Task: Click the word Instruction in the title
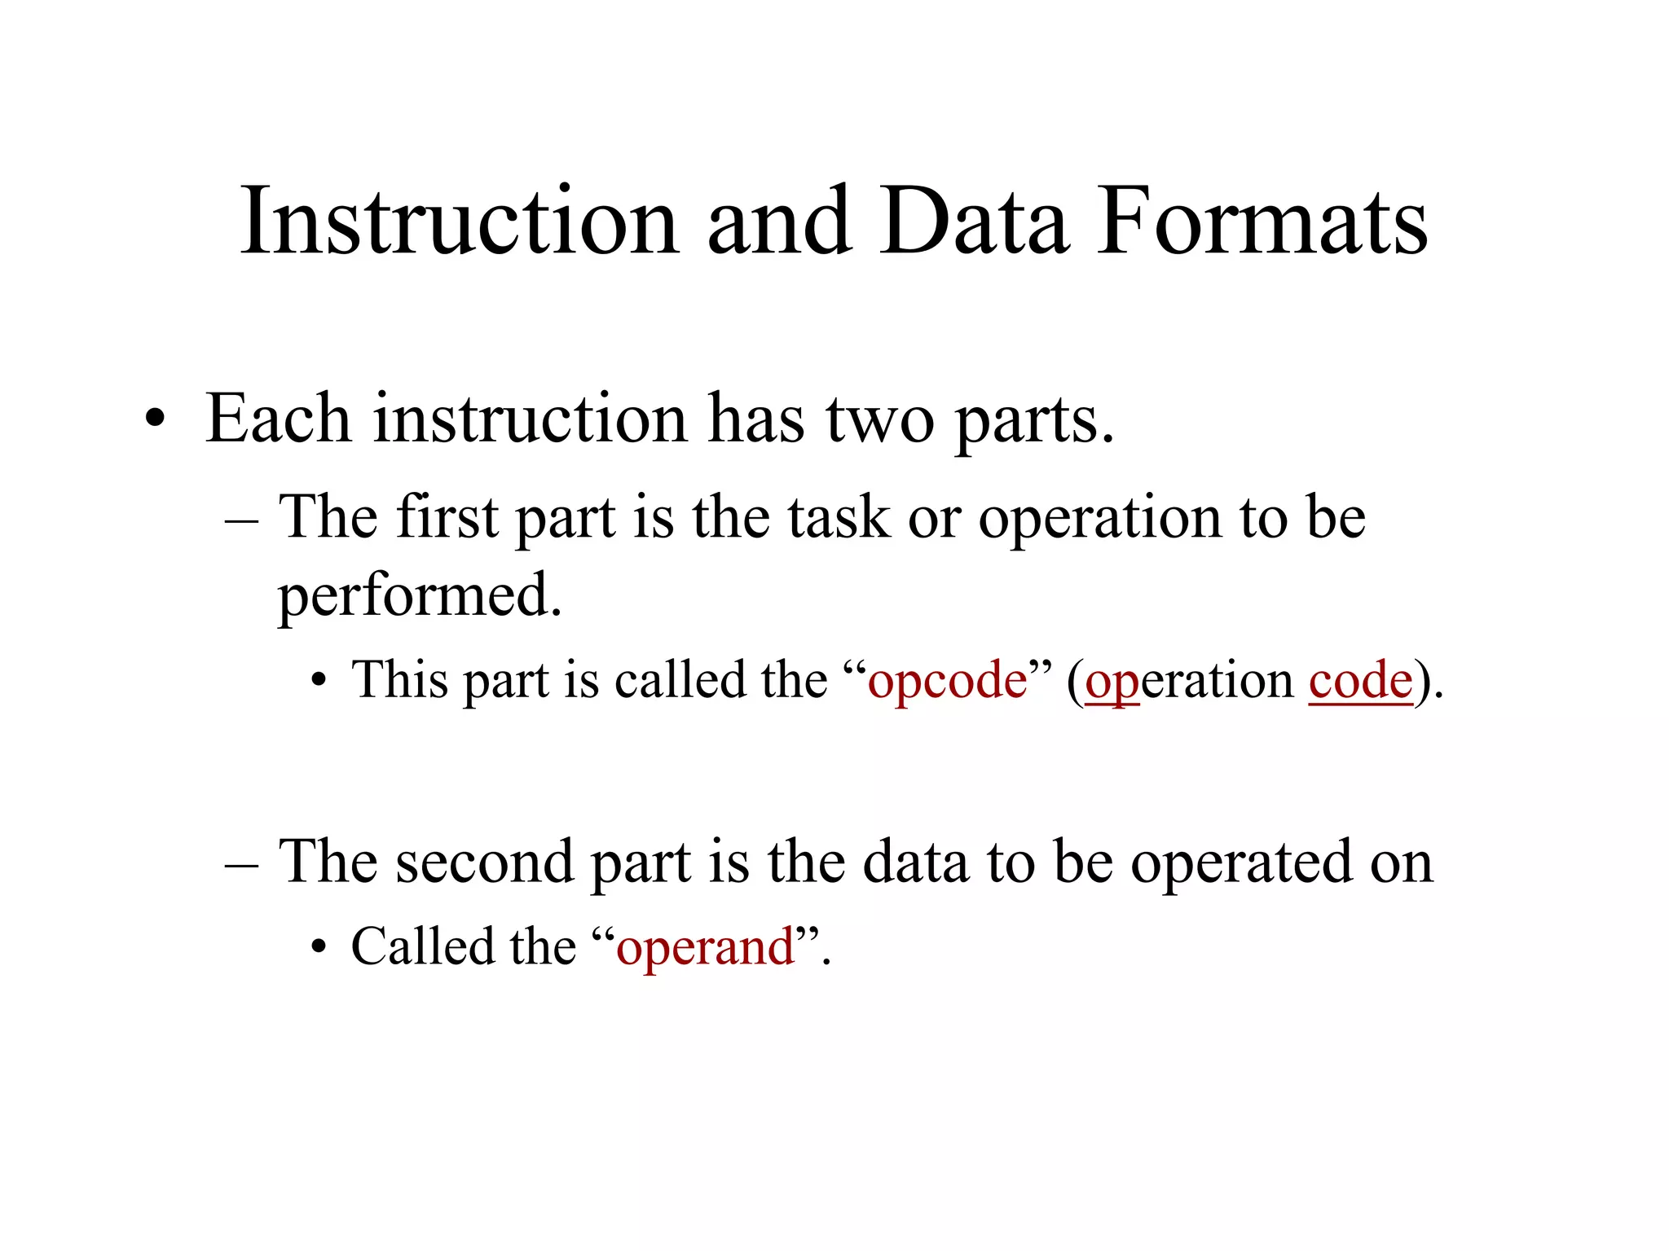[459, 222]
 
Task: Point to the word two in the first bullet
[880, 420]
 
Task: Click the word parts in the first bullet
[1033, 422]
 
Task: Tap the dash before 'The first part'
[241, 520]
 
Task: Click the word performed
[420, 596]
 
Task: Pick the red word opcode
[948, 681]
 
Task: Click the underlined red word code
[1360, 681]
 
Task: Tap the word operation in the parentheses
[1190, 681]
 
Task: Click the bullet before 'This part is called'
[319, 681]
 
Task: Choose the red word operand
[706, 948]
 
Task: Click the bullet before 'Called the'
[319, 948]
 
